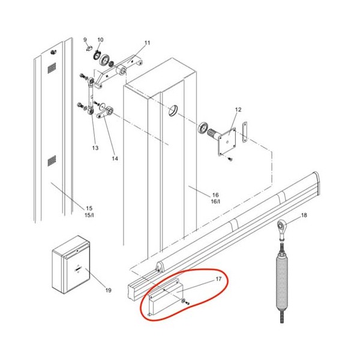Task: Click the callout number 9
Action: click(85, 40)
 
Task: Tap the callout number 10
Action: click(100, 40)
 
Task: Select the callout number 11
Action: click(147, 43)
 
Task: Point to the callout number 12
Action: click(238, 110)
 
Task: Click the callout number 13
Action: click(95, 148)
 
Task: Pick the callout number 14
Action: click(115, 158)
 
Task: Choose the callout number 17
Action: click(218, 279)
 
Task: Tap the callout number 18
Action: click(304, 215)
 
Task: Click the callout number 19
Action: click(109, 290)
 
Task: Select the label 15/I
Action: click(89, 215)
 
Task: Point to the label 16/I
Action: click(215, 202)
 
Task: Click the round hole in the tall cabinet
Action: click(173, 110)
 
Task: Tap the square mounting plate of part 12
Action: click(227, 142)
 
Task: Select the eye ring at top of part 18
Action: click(282, 226)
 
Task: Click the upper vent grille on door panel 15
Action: click(52, 68)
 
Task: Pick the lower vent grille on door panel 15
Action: click(52, 161)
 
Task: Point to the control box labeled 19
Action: click(71, 265)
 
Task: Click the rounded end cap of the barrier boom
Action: click(316, 184)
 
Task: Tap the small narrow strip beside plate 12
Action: click(245, 132)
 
